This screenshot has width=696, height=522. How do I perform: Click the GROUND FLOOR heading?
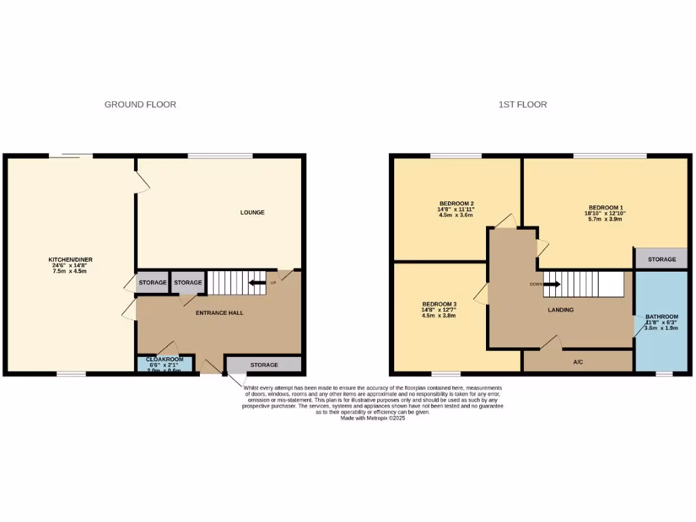coord(140,105)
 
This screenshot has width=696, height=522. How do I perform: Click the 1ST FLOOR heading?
coord(523,105)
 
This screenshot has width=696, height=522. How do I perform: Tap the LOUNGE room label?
coord(252,213)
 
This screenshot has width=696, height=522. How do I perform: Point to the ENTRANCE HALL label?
coord(220,313)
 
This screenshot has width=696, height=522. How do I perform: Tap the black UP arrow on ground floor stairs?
coord(257,283)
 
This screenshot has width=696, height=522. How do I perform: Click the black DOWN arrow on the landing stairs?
coord(551,283)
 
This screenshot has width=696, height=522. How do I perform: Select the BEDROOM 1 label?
coord(606,207)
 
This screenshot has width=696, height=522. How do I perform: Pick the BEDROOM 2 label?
coord(456,204)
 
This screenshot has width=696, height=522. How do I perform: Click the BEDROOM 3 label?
coord(439,304)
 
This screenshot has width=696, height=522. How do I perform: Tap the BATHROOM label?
coord(661,317)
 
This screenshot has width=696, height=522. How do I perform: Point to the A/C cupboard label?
coord(578,362)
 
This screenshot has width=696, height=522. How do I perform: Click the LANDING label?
coord(561,310)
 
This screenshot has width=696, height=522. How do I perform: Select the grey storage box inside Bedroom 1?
coord(661,259)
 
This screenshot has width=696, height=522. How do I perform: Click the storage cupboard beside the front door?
coord(264,365)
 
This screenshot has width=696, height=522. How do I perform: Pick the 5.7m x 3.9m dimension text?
coord(606,219)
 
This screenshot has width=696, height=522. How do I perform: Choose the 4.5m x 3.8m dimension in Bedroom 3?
coord(439,315)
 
